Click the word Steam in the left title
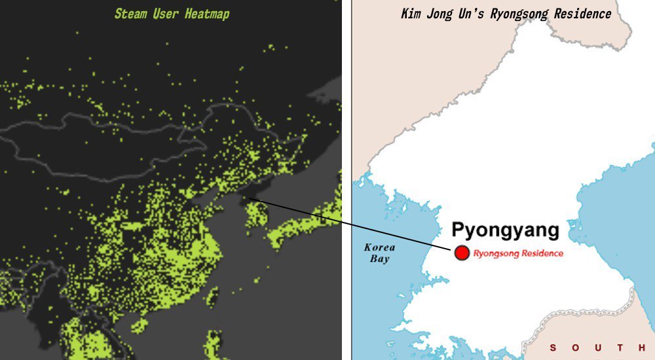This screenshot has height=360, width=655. tap(130, 14)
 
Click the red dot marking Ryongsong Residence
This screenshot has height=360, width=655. tap(462, 253)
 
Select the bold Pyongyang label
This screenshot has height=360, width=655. tap(505, 230)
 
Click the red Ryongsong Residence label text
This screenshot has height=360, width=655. tap(517, 253)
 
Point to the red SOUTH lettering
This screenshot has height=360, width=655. tap(596, 348)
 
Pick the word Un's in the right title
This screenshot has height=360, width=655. tap(474, 14)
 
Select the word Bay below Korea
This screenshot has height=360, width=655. tap(379, 259)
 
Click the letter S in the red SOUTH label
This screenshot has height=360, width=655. tap(553, 348)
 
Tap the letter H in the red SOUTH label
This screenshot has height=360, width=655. tap(640, 348)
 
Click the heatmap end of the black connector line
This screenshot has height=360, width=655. tap(250, 198)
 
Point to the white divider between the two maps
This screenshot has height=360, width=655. tap(346, 180)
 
